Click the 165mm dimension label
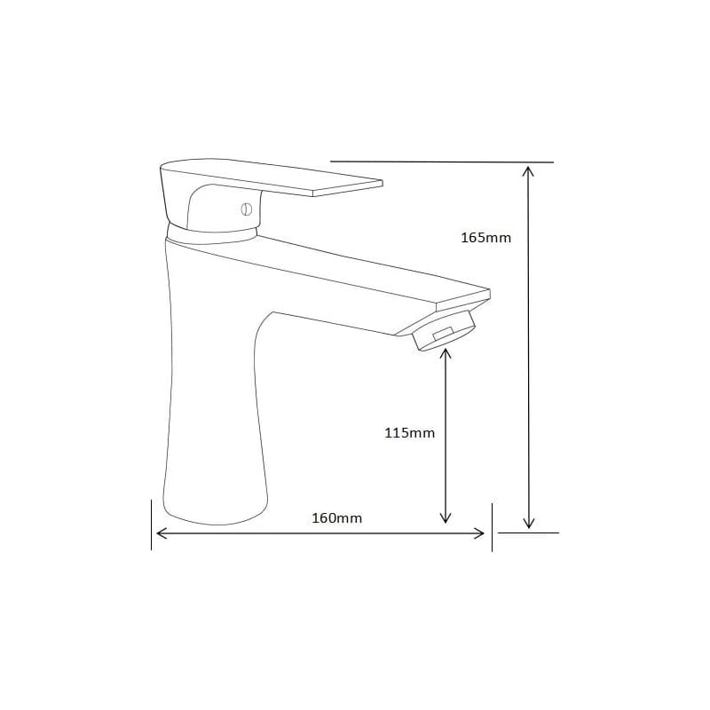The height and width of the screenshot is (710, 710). click(x=485, y=238)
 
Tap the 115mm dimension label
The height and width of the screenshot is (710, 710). click(x=410, y=433)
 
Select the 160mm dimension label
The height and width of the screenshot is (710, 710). click(x=337, y=518)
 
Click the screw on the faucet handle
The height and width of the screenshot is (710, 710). click(x=247, y=209)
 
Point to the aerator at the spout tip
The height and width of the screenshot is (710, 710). click(x=445, y=332)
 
